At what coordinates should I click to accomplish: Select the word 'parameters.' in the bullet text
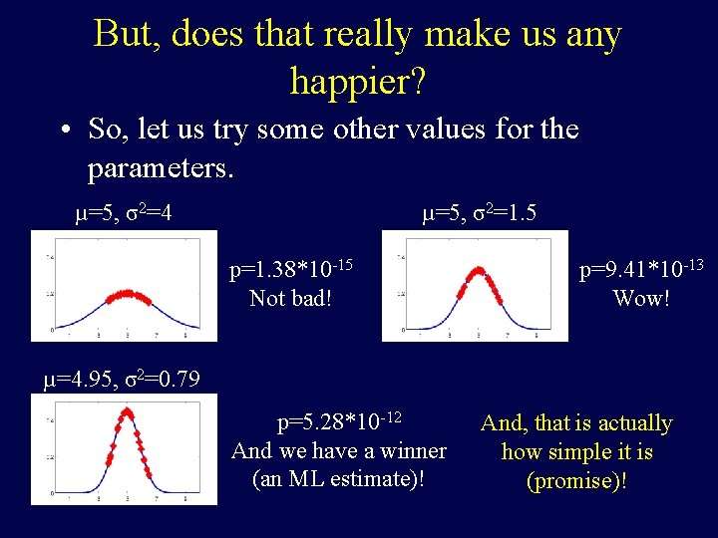161,168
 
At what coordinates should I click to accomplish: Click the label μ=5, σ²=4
124,212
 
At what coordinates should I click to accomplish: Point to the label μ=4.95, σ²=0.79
121,379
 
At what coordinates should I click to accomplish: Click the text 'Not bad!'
289,297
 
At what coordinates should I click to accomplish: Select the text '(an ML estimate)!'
338,478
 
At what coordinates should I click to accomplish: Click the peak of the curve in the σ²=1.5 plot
479,269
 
